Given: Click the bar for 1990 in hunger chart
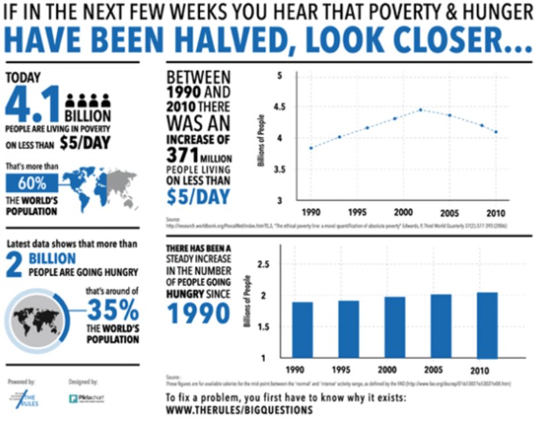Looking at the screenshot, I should click(302, 330).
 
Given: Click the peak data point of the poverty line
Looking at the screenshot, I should click(420, 110).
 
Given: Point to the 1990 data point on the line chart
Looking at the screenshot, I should click(311, 148).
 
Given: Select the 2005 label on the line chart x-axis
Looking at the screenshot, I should click(449, 213).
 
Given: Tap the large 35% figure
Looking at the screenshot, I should click(113, 310).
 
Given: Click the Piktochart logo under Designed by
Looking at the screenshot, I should click(87, 398).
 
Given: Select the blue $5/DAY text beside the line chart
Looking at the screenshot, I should click(198, 197).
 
